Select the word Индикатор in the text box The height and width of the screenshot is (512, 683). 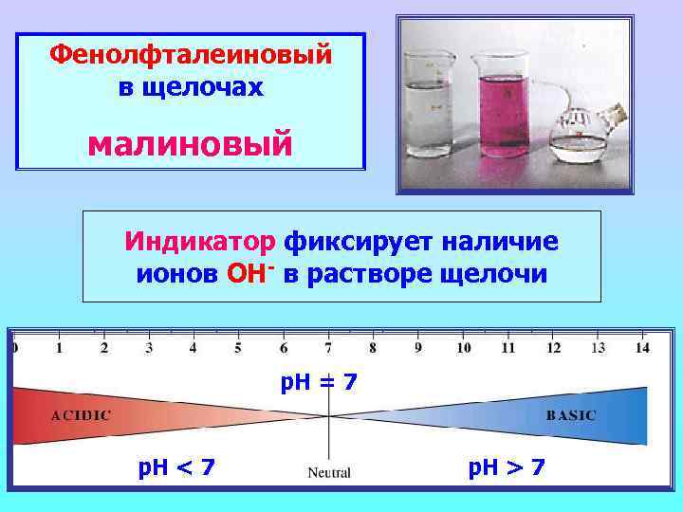[199, 242]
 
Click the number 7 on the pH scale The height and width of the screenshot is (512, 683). [328, 348]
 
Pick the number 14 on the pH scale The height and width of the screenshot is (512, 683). [642, 348]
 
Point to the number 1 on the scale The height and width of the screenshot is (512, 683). [59, 348]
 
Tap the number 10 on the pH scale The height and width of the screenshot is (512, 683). [463, 348]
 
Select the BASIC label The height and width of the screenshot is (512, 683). [571, 414]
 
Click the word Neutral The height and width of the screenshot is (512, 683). [329, 472]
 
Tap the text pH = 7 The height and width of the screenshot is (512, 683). [320, 383]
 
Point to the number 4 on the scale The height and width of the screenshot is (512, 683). [194, 348]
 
